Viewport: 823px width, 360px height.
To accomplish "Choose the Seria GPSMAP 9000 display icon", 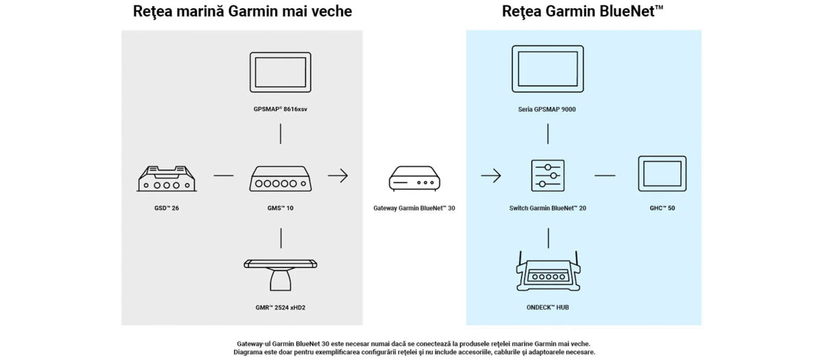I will click(x=547, y=69).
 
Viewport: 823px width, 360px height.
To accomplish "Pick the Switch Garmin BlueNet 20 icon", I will click(x=547, y=176).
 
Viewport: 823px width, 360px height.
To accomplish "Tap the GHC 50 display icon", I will click(x=662, y=174).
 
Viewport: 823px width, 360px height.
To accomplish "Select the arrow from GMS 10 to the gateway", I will click(x=337, y=176).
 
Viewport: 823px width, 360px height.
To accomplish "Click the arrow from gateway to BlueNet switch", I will click(x=490, y=176).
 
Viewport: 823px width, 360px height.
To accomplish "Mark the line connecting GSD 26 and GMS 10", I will click(x=224, y=176).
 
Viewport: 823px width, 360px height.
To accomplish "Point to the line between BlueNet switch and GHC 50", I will click(x=604, y=176).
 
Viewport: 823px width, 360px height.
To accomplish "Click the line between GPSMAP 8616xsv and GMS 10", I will click(x=281, y=134).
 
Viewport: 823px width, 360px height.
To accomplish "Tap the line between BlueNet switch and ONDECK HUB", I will click(x=548, y=238).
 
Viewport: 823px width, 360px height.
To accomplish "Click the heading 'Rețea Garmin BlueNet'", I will click(x=582, y=12).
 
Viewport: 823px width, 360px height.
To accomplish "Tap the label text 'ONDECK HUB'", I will click(x=547, y=308).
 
